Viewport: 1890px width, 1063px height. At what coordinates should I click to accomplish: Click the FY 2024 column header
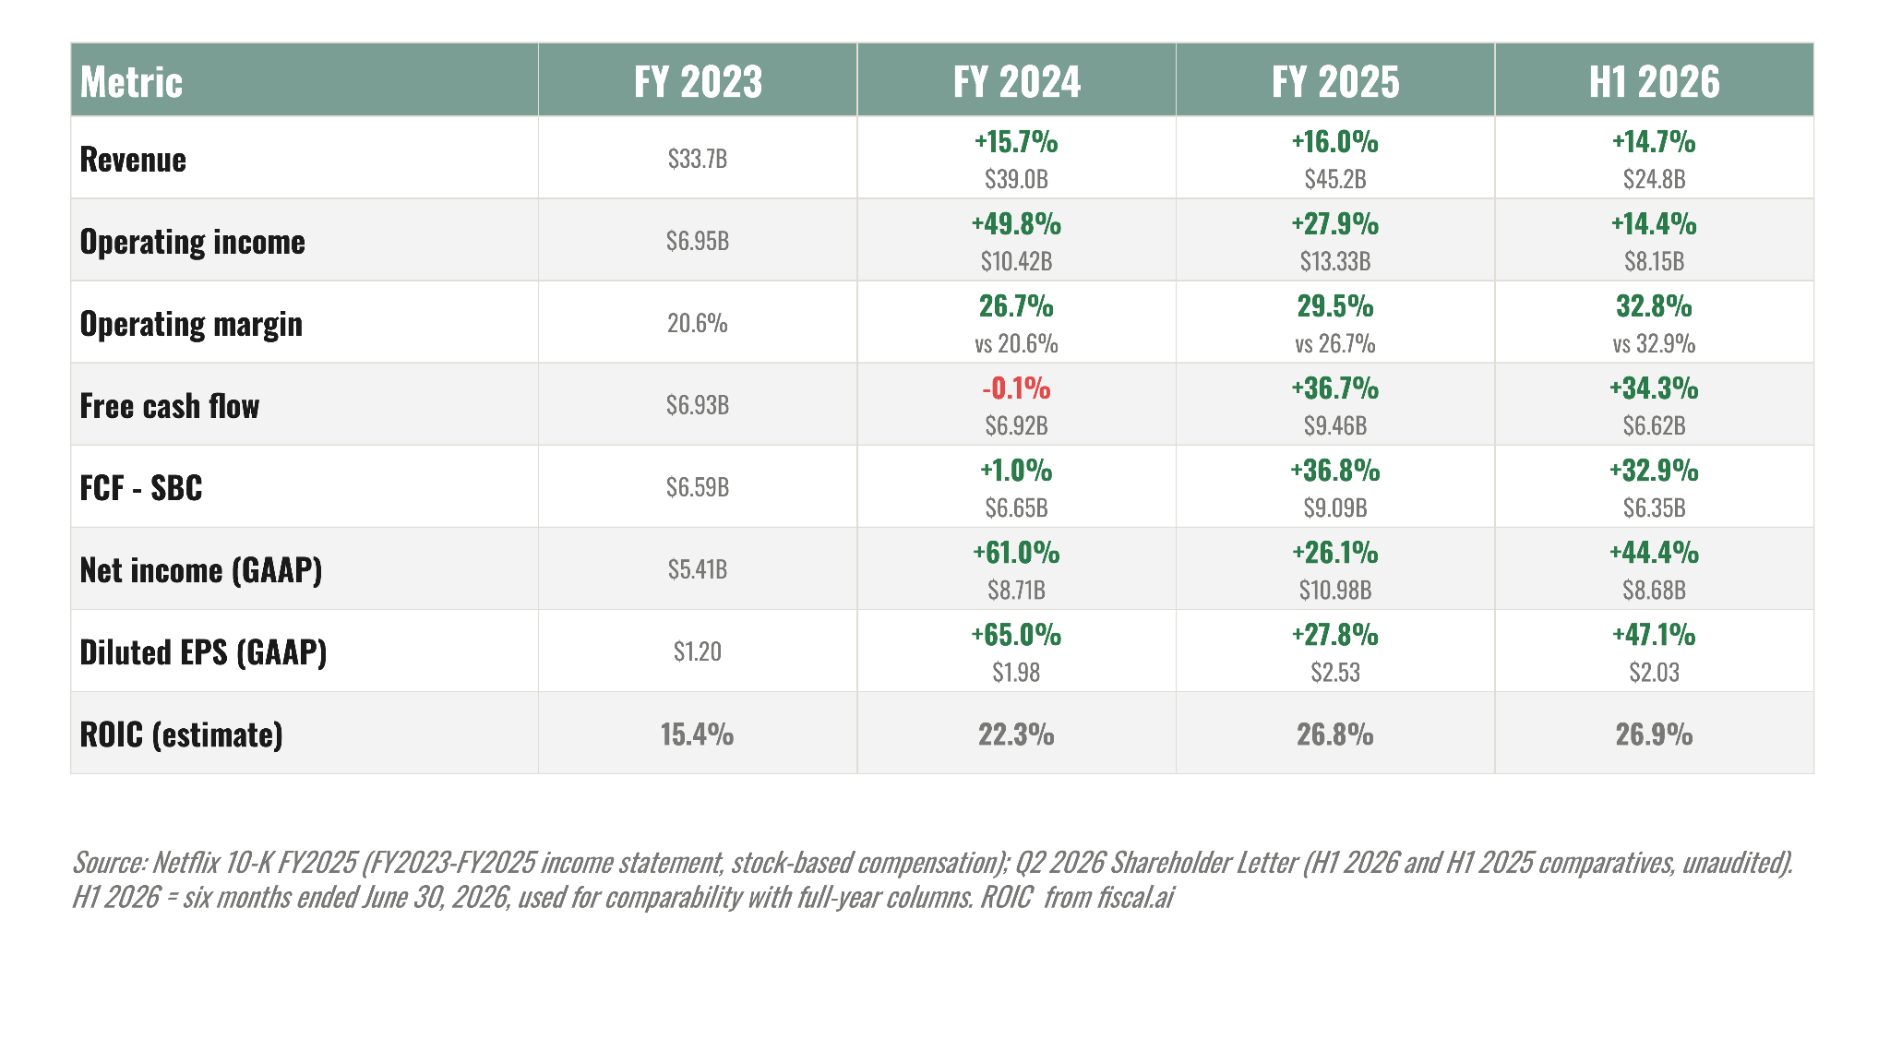pos(1016,81)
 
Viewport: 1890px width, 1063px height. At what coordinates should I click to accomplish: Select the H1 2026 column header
pos(1654,81)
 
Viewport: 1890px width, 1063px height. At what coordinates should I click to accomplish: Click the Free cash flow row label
pos(170,405)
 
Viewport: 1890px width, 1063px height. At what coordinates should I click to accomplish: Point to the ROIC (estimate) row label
pos(181,735)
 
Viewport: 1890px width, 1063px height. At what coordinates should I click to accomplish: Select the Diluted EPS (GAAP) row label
pos(203,652)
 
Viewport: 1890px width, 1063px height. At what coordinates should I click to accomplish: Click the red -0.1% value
pos(1016,388)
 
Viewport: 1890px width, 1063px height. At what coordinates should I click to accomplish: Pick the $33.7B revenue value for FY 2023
pos(698,159)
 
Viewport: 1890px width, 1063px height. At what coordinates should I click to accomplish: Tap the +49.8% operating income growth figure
pos(1016,224)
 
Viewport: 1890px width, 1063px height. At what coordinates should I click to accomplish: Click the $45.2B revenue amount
pos(1335,179)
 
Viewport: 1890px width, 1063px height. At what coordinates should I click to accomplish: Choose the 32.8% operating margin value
pos(1654,306)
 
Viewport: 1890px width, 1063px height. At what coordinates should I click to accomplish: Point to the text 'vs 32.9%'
pos(1654,344)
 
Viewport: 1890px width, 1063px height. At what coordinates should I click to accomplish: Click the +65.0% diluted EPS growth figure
pos(1016,635)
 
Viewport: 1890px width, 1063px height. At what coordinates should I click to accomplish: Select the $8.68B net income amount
pos(1654,590)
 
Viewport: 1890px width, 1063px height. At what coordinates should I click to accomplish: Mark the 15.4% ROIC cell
pos(698,735)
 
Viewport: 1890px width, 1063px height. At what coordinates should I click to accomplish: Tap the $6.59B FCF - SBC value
pos(698,487)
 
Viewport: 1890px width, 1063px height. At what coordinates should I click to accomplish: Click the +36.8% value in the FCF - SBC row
pos(1335,471)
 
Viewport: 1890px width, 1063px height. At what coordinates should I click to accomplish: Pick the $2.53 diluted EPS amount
pos(1335,672)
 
